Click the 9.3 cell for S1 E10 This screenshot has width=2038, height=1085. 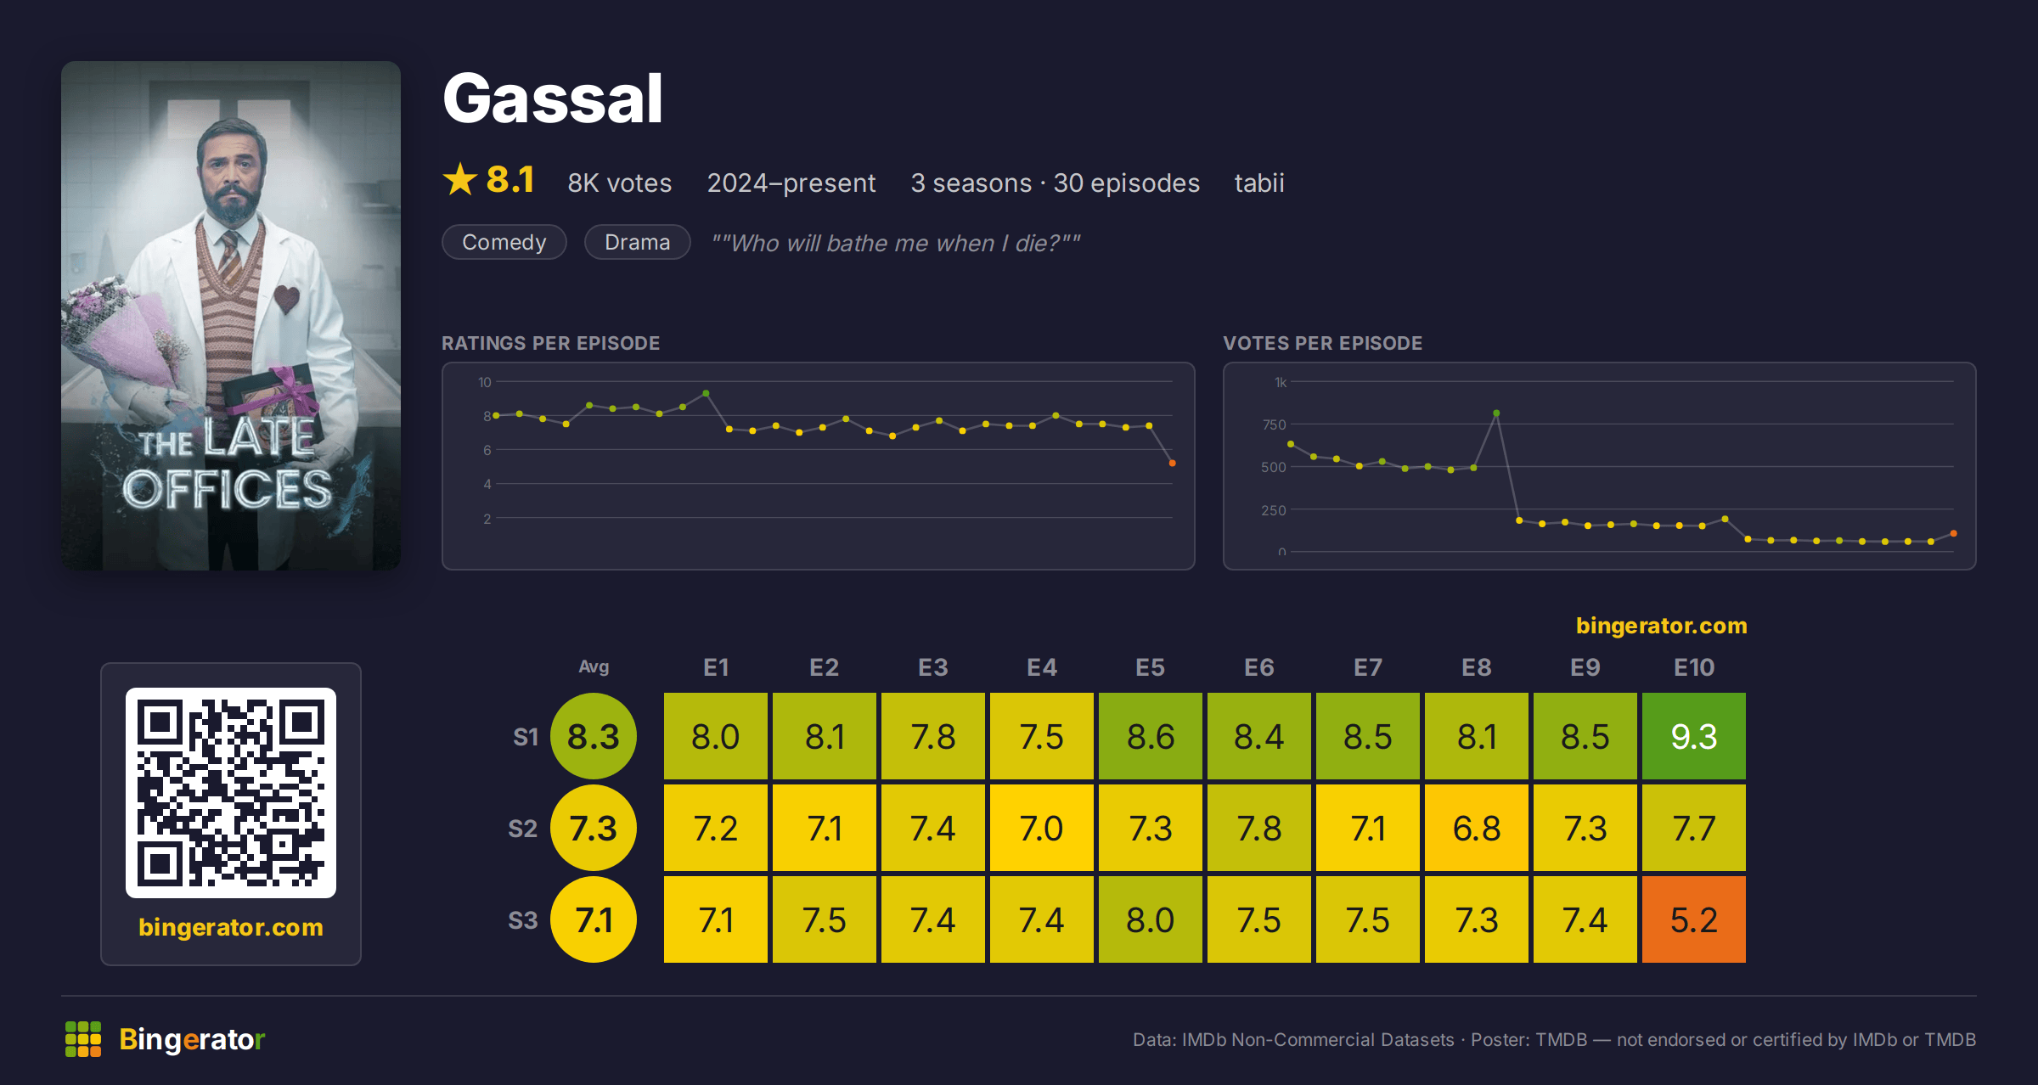1693,736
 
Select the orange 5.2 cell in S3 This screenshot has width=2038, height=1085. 1693,919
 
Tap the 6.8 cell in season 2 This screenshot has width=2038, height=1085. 1476,828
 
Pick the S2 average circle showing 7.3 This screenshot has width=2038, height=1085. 594,828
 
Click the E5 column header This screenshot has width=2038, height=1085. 1150,667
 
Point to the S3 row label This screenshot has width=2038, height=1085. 523,920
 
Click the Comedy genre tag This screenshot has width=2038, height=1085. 504,242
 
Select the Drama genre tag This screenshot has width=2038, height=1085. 637,242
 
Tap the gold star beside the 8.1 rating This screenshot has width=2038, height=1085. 460,179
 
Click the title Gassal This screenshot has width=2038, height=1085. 553,98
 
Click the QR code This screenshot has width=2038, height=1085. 231,792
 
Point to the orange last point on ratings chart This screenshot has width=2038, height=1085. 1173,463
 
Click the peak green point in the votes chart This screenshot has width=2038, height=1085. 1496,413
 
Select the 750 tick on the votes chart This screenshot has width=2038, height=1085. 1274,424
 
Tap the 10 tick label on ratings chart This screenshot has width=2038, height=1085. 484,382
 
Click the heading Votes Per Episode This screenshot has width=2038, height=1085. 1322,343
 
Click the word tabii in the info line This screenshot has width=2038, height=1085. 1259,183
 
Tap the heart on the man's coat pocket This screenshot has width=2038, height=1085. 286,299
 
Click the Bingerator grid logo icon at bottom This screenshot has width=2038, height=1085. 83,1039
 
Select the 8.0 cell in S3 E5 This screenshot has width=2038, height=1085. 1150,919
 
